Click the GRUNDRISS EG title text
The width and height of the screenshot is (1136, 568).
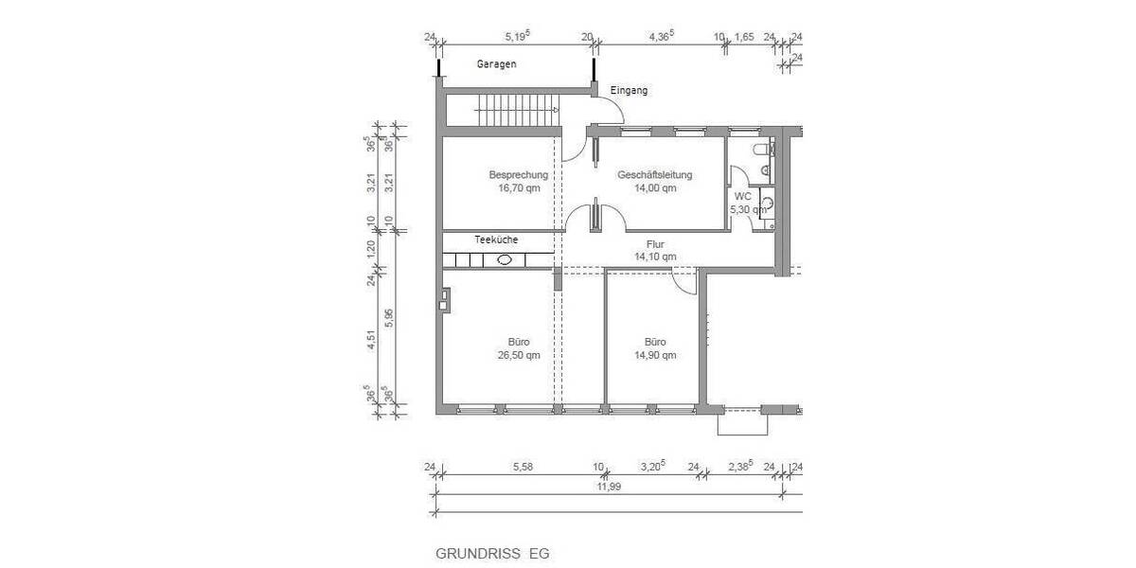[x=491, y=553]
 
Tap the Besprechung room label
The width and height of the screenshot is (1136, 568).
[x=518, y=175]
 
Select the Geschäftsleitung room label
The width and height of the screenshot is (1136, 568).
[x=655, y=175]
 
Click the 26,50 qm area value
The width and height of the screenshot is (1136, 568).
[x=519, y=356]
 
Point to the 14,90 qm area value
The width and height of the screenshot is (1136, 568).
[x=655, y=356]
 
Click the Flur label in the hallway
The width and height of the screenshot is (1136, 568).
[x=655, y=243]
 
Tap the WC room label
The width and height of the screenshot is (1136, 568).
[x=742, y=197]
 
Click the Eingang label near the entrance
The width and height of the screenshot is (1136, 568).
[x=629, y=91]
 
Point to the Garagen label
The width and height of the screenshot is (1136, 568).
[x=497, y=64]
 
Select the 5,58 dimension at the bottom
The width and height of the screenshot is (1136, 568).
[x=523, y=467]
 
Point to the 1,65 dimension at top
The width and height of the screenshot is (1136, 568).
[x=744, y=38]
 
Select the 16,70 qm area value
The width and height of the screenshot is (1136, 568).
[x=519, y=187]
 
